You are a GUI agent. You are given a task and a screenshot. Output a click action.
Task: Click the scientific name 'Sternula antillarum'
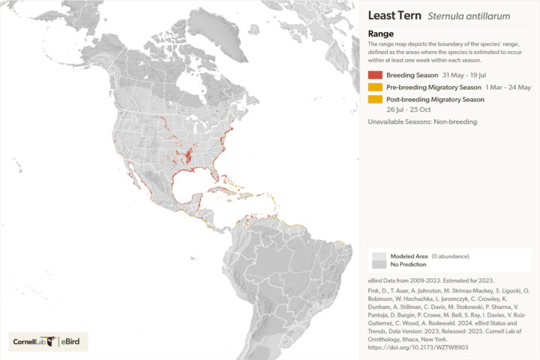pos(463,16)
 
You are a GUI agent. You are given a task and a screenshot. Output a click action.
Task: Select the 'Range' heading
pos(380,33)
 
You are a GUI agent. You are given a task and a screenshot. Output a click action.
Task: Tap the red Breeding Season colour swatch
pos(376,75)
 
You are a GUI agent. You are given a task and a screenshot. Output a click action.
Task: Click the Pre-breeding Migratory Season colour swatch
pos(376,87)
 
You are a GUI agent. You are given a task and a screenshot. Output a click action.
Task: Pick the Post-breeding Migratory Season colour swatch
pos(376,99)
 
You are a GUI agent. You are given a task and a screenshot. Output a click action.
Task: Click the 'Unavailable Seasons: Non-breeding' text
pos(422,121)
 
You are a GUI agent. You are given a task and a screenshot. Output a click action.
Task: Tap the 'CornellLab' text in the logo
pos(31,342)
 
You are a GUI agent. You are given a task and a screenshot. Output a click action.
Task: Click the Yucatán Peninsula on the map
pos(193,199)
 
